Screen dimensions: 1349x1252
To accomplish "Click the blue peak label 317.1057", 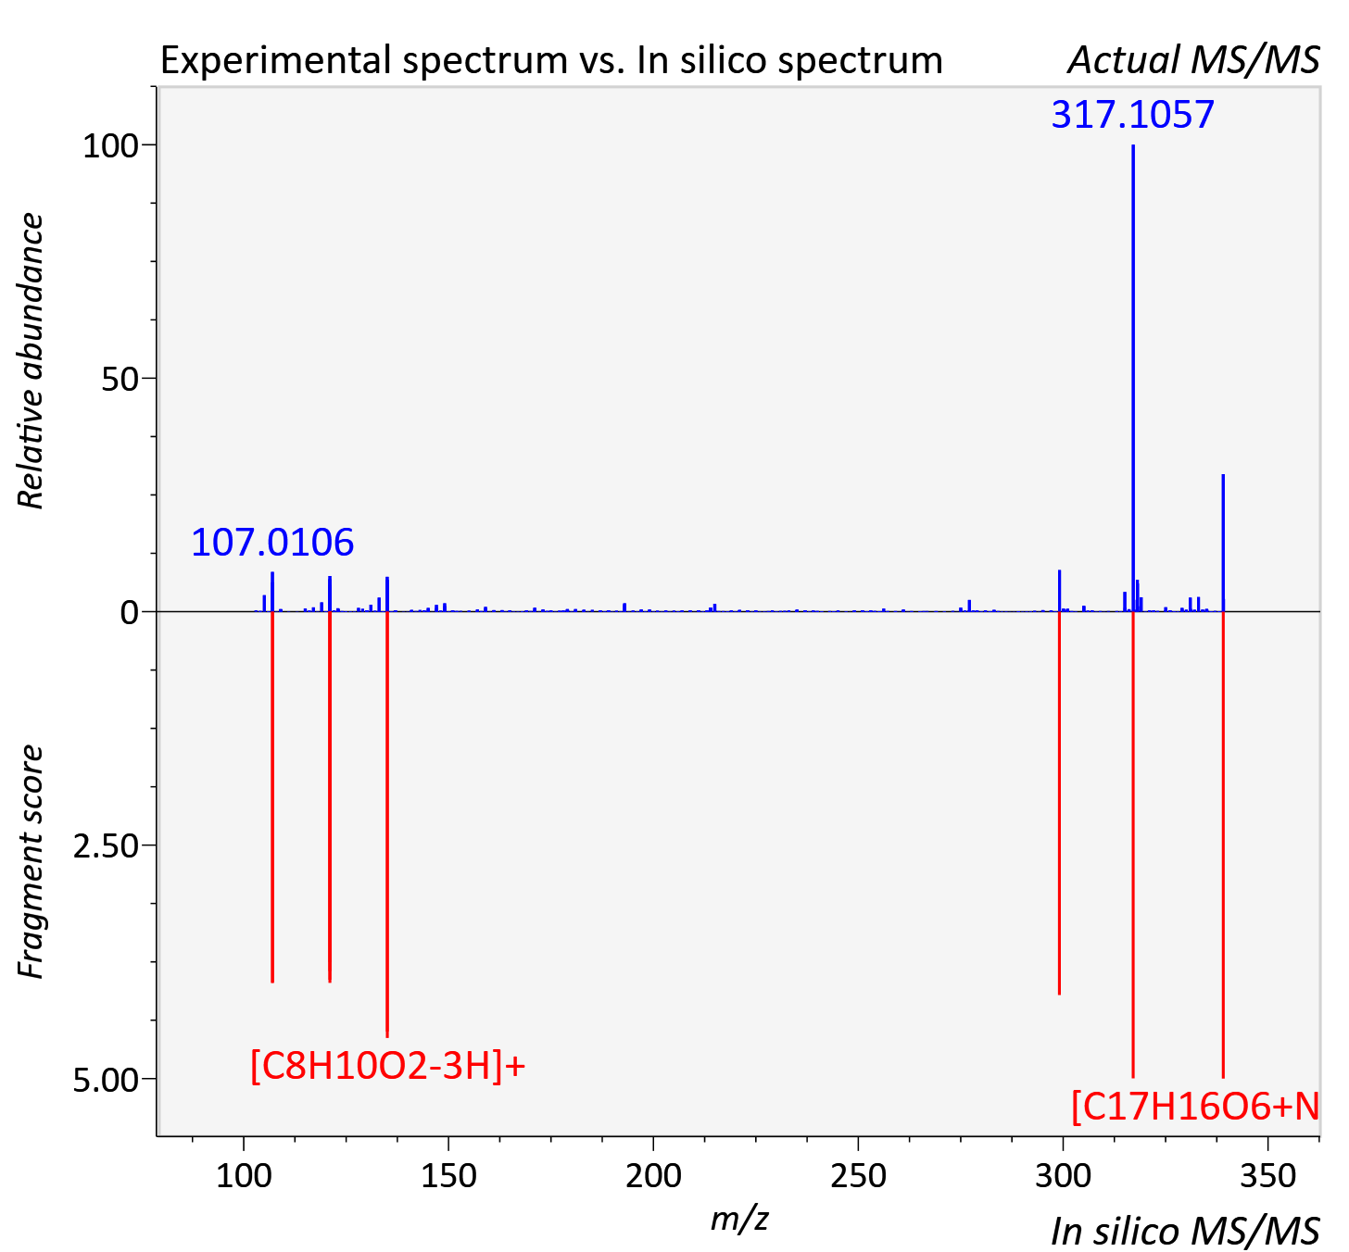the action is click(x=1132, y=115).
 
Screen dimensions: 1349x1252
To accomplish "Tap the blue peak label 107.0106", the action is click(x=272, y=543).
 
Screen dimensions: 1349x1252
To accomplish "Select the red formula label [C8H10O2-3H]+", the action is click(x=388, y=1066).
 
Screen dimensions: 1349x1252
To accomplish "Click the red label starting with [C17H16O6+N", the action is click(x=1195, y=1107).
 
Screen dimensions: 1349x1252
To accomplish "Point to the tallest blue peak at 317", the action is click(x=1133, y=378).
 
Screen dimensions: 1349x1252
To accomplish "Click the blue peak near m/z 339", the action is click(x=1223, y=544).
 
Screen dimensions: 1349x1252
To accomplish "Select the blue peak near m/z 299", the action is click(x=1059, y=591).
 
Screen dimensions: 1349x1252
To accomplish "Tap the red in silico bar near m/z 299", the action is click(x=1059, y=803).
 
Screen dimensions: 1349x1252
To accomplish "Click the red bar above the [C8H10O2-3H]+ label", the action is click(x=387, y=824).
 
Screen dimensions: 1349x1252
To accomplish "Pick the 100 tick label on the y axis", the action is click(x=110, y=146).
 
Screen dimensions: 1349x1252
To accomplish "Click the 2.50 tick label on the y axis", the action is click(x=106, y=846).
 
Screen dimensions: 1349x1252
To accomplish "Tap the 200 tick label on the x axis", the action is click(x=653, y=1176).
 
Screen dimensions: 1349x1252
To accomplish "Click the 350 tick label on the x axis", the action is click(x=1267, y=1176).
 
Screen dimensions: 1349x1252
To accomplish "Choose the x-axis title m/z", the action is click(x=739, y=1219).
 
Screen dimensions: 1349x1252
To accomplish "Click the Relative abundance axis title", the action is click(x=31, y=360).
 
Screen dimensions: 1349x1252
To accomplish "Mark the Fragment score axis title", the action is click(x=31, y=862).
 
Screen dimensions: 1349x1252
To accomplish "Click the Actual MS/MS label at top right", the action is click(x=1194, y=60).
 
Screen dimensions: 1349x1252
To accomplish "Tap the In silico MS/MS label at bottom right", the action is click(x=1185, y=1231).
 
